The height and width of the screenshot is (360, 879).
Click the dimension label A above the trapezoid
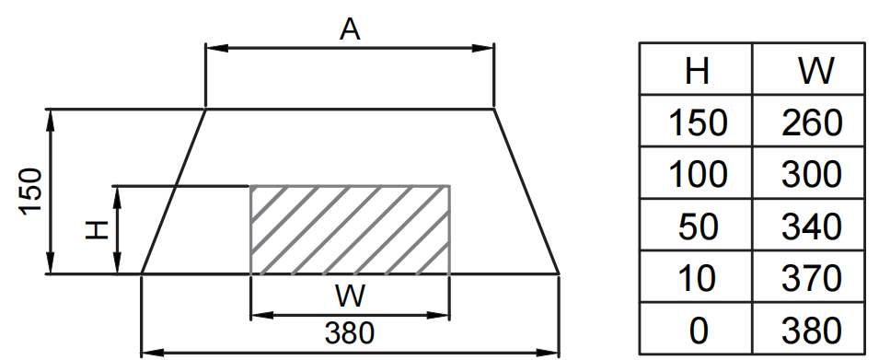[x=349, y=29]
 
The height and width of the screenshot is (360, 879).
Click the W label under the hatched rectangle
[x=349, y=296]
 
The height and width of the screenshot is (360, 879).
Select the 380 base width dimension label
[x=349, y=332]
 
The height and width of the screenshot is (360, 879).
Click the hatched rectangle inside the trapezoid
[x=350, y=229]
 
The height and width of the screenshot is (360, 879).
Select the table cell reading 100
[x=696, y=174]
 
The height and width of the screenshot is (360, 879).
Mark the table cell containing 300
[x=810, y=174]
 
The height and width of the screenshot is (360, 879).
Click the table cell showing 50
[x=696, y=226]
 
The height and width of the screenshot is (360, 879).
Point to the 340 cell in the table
[x=810, y=226]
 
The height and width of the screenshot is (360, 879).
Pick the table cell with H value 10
[x=696, y=278]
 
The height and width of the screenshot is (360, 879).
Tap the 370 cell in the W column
[x=810, y=278]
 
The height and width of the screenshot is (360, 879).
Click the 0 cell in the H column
[x=696, y=330]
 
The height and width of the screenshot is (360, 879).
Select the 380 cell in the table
[x=810, y=330]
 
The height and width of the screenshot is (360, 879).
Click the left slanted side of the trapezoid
[x=173, y=192]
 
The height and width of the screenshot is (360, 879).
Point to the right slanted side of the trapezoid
[x=526, y=192]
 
